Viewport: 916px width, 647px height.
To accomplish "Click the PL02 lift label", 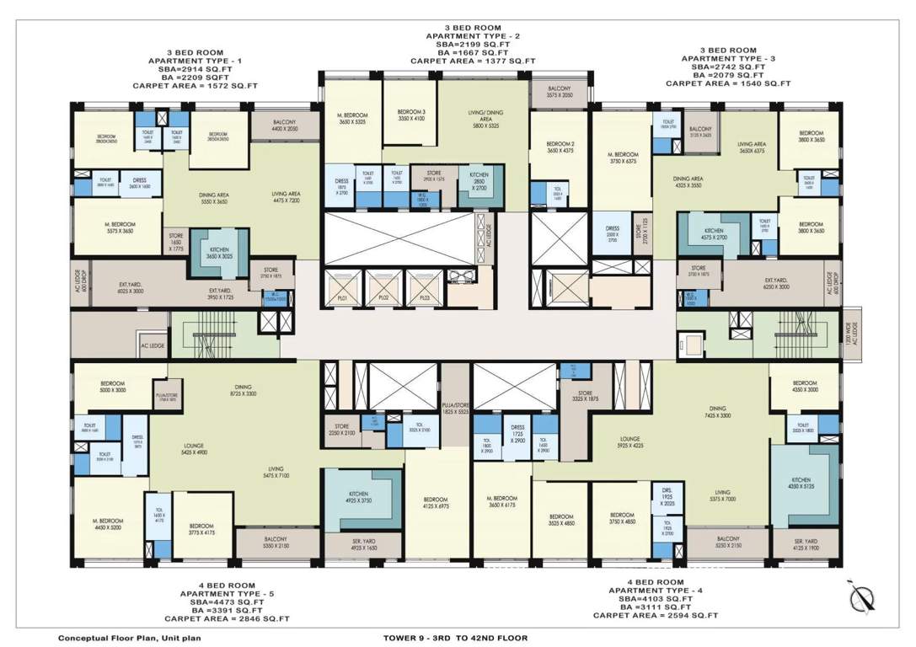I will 383,297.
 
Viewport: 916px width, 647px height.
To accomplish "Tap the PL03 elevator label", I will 424,297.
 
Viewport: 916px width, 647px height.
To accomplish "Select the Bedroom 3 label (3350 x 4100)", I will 411,115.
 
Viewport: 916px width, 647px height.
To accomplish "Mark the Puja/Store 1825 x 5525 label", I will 455,409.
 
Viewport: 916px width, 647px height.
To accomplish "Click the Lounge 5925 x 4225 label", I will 629,443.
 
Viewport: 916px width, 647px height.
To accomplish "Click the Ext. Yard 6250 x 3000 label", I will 775,283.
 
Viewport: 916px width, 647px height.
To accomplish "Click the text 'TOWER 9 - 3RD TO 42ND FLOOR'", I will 455,638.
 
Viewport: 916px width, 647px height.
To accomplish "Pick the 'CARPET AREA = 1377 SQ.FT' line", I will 465,61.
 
